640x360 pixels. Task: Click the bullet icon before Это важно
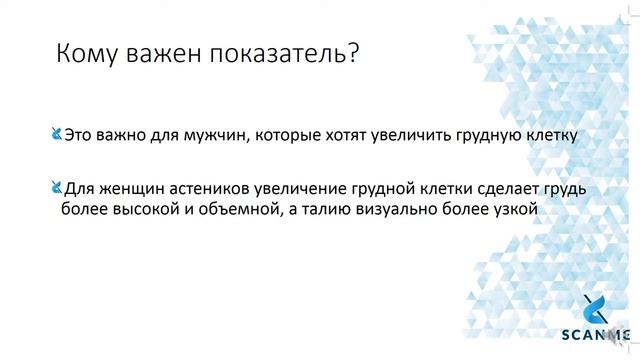point(56,133)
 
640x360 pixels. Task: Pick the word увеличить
point(414,134)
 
